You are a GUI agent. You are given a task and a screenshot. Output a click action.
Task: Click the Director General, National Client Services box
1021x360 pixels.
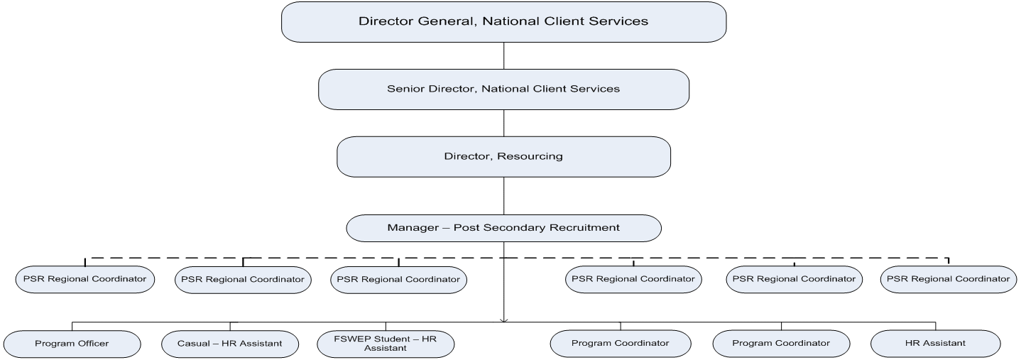[x=503, y=22]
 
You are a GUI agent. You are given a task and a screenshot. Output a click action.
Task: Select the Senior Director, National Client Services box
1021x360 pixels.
[x=503, y=89]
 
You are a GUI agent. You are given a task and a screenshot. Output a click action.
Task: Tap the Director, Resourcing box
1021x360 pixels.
[x=503, y=157]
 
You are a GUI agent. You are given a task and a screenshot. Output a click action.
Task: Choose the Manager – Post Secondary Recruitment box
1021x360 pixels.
[x=503, y=228]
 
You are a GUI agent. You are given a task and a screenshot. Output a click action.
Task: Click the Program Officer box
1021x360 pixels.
[x=72, y=344]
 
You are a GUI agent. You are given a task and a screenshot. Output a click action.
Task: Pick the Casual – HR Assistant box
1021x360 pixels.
[x=230, y=344]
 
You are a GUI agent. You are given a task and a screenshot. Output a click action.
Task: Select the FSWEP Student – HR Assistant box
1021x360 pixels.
[x=386, y=344]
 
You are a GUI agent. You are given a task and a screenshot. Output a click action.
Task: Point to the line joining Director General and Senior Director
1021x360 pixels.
[x=503, y=55]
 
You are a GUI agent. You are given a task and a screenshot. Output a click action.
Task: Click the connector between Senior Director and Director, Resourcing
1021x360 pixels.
[x=503, y=122]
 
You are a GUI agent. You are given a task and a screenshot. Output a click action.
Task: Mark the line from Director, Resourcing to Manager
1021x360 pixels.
[x=503, y=196]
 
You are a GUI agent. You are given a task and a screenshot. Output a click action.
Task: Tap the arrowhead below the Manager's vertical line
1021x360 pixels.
[x=503, y=320]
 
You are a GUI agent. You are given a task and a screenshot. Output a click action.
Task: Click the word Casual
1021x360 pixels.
[x=193, y=344]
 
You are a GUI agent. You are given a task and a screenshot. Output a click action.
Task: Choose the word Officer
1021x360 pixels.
[x=92, y=344]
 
